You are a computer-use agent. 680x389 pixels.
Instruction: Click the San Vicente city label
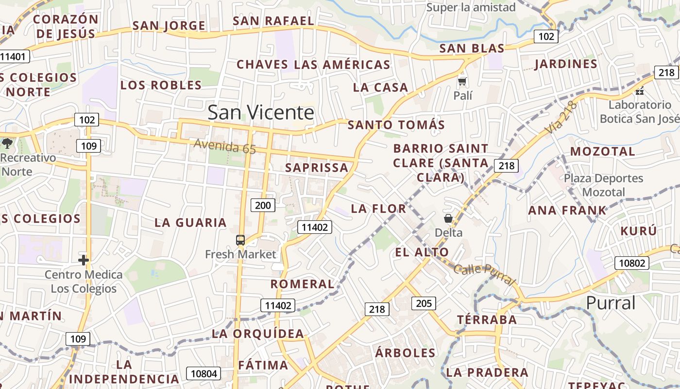261,112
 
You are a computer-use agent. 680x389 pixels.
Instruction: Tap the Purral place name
611,302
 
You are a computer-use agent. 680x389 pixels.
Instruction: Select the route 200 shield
263,205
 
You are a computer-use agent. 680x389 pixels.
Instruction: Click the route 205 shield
424,303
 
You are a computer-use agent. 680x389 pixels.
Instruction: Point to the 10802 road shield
632,263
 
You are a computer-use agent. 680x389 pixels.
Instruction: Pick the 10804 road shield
204,373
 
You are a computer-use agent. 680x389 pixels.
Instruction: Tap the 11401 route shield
13,56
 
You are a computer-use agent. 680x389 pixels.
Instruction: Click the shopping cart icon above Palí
462,81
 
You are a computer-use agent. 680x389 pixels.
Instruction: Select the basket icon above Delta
448,219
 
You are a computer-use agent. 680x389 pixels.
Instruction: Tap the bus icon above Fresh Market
240,240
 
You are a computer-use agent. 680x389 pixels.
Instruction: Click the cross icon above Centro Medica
84,260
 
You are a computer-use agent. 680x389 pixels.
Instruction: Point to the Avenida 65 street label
224,146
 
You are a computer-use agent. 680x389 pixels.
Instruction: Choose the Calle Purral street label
484,274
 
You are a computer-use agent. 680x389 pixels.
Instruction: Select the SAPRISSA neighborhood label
317,168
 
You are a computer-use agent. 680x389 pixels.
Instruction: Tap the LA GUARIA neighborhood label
190,223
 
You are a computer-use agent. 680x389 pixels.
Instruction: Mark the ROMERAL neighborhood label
302,284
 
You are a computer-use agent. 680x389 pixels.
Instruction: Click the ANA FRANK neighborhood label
567,211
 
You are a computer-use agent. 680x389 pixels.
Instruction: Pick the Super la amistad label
471,7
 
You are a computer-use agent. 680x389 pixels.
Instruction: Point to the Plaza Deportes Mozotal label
603,185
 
